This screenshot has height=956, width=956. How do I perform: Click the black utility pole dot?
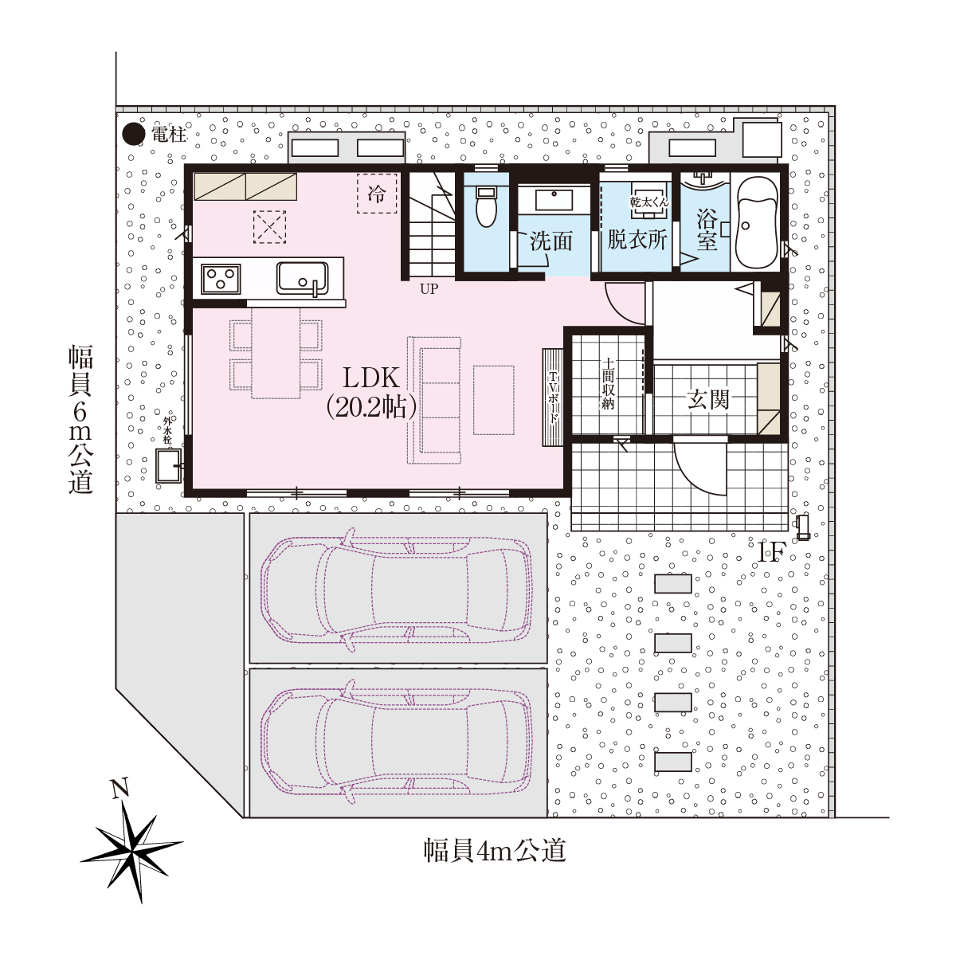[x=134, y=134]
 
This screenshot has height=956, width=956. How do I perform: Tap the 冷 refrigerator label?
[x=377, y=194]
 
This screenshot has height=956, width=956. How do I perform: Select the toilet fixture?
[x=486, y=206]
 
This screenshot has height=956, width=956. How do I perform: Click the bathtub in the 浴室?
[x=757, y=223]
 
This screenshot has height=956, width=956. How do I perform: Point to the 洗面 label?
[x=551, y=241]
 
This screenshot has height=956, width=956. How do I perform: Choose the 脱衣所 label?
[x=637, y=240]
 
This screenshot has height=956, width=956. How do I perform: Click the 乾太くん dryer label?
[x=649, y=202]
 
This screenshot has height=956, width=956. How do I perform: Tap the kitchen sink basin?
[x=302, y=278]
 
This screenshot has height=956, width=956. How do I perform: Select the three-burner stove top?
[x=221, y=278]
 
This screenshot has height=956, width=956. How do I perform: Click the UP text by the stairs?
[x=429, y=288]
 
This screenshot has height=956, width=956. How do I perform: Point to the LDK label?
[x=371, y=378]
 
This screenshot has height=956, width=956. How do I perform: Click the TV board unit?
[x=553, y=398]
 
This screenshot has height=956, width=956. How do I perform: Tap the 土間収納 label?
[x=608, y=384]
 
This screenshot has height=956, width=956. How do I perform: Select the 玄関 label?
[x=708, y=399]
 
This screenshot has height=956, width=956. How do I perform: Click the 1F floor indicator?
[x=772, y=552]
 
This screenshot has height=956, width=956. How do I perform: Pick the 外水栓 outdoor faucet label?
[x=167, y=429]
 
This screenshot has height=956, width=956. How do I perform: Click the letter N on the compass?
[x=119, y=788]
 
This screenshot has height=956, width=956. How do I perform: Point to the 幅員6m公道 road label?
[x=80, y=419]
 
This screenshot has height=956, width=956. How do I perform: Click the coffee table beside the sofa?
[x=493, y=401]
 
